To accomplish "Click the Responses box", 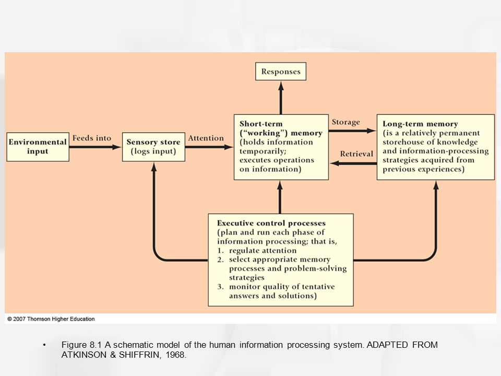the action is pyautogui.click(x=281, y=72).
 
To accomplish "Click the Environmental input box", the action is pyautogui.click(x=38, y=147).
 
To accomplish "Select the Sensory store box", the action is pyautogui.click(x=153, y=147).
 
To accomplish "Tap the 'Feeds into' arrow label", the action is pyautogui.click(x=92, y=138).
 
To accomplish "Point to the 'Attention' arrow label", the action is pyautogui.click(x=206, y=138).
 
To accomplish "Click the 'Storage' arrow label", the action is pyautogui.click(x=345, y=122).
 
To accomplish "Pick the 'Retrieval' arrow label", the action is pyautogui.click(x=356, y=154).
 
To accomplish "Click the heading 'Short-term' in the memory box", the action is pyautogui.click(x=261, y=124).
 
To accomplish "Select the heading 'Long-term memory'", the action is pyautogui.click(x=420, y=124).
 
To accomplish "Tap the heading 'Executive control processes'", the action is pyautogui.click(x=271, y=223).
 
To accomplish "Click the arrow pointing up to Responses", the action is pyautogui.click(x=281, y=98).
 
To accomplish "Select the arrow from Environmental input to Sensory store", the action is pyautogui.click(x=95, y=147).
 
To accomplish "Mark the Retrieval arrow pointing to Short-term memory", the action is pyautogui.click(x=353, y=163).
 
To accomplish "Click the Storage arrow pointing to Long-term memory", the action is pyautogui.click(x=352, y=131).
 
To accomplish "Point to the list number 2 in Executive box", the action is pyautogui.click(x=220, y=260).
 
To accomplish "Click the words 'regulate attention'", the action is pyautogui.click(x=263, y=250).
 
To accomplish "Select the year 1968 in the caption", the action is pyautogui.click(x=175, y=355).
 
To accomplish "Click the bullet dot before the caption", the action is pyautogui.click(x=44, y=345).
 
